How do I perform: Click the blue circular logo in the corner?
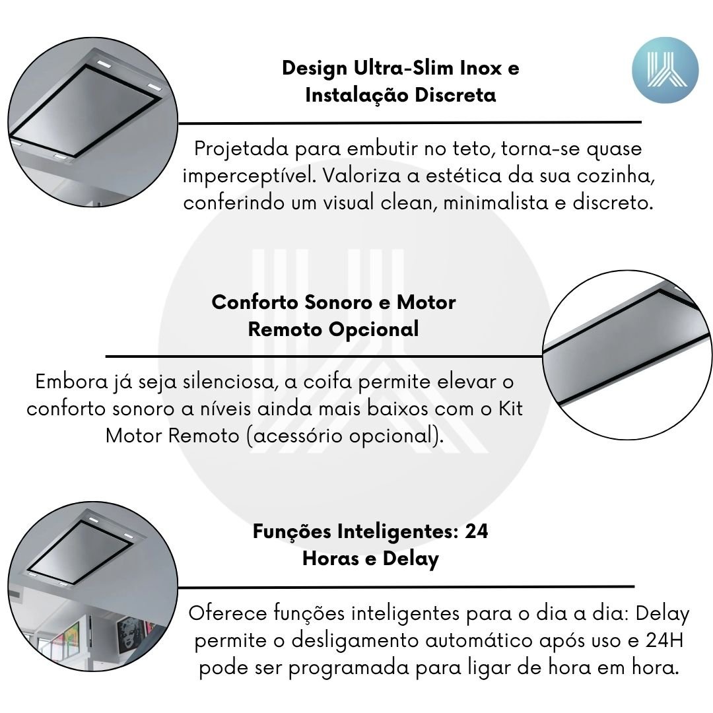665,70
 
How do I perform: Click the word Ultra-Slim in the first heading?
404,68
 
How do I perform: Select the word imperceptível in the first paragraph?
250,176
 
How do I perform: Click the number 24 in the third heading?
476,531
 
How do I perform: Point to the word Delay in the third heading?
411,559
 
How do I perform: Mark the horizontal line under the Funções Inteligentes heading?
406,587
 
